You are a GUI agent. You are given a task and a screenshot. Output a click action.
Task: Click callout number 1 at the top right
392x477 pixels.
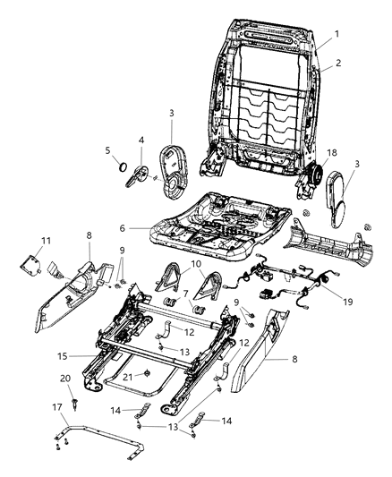337,34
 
